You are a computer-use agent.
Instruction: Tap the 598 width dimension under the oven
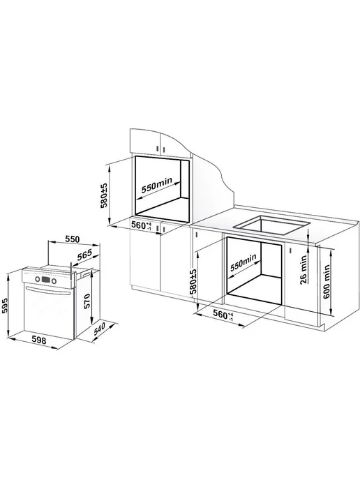(x=39, y=340)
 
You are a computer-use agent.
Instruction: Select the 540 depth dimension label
(x=99, y=330)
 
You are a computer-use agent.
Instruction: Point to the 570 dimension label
(x=87, y=301)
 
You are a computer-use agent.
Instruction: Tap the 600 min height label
(x=327, y=282)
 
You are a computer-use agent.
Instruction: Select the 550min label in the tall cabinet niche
(x=157, y=185)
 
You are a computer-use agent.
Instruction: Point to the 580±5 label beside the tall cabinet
(x=104, y=195)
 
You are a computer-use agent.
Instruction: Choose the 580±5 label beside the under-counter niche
(x=193, y=282)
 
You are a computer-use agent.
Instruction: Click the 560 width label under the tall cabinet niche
(x=141, y=225)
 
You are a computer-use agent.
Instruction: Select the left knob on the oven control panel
(x=38, y=279)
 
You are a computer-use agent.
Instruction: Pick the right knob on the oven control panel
(x=54, y=280)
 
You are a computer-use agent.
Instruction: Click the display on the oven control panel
(x=45, y=280)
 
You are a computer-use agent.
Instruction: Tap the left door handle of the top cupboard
(x=158, y=149)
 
